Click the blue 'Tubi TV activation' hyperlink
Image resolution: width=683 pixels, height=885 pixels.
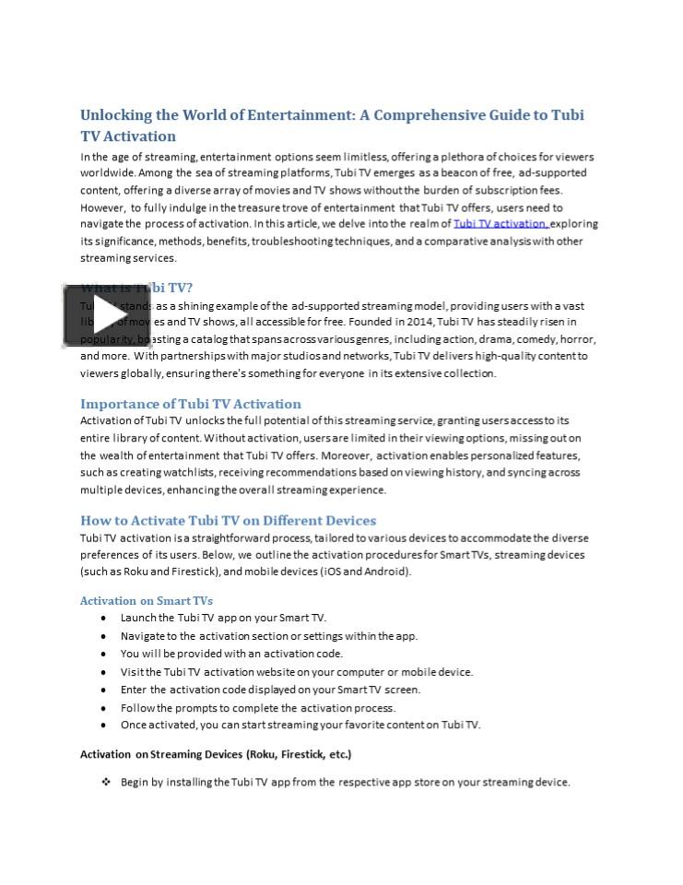[500, 224]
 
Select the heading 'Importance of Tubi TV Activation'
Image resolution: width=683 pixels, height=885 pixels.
[191, 404]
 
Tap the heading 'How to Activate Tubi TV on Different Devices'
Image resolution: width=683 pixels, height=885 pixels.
[228, 520]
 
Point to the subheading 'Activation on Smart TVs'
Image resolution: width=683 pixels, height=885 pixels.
[147, 600]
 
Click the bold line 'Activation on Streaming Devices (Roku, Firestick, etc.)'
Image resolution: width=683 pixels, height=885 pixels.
[216, 754]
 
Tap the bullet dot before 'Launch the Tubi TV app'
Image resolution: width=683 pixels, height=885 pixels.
[103, 619]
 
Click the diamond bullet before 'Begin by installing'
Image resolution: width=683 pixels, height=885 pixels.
[106, 782]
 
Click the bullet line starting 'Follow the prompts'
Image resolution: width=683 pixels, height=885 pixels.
[258, 708]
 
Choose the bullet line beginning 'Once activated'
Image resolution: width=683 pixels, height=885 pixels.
[300, 725]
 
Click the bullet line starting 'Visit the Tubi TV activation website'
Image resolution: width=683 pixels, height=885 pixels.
[297, 672]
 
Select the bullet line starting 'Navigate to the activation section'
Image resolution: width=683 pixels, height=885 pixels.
[269, 636]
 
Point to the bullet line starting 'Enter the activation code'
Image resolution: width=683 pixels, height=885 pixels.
[270, 690]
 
